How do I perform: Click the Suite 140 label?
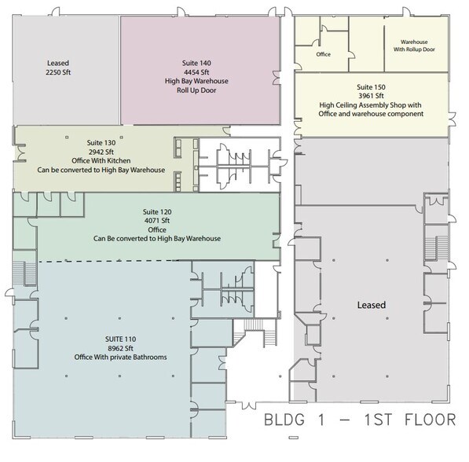pyautogui.click(x=196, y=63)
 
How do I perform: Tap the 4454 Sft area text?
pyautogui.click(x=196, y=72)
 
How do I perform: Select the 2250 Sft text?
pyautogui.click(x=58, y=72)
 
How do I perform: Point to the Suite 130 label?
pyautogui.click(x=101, y=143)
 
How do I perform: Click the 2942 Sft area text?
pyautogui.click(x=101, y=152)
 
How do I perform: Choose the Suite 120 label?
pyautogui.click(x=157, y=212)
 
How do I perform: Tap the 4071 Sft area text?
pyautogui.click(x=157, y=221)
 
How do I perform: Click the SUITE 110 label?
pyautogui.click(x=120, y=339)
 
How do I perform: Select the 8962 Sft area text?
pyautogui.click(x=120, y=348)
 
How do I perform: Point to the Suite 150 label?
pyautogui.click(x=371, y=87)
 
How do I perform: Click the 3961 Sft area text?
pyautogui.click(x=371, y=96)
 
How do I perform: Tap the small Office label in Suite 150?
pyautogui.click(x=324, y=54)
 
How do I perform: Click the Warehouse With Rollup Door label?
pyautogui.click(x=414, y=46)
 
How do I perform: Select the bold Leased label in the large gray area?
pyautogui.click(x=372, y=305)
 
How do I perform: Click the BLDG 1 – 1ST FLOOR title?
pyautogui.click(x=360, y=420)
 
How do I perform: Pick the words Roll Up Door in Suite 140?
pyautogui.click(x=196, y=90)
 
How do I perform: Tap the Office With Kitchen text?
pyautogui.click(x=101, y=161)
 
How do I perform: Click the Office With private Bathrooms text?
pyautogui.click(x=120, y=357)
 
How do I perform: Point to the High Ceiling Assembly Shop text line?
pyautogui.click(x=370, y=105)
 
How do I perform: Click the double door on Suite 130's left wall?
pyautogui.click(x=21, y=152)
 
